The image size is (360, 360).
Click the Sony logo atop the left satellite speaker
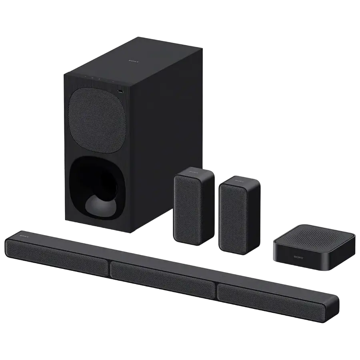194,174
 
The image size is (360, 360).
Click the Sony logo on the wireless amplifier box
298,258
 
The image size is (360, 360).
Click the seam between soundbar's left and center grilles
109,267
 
